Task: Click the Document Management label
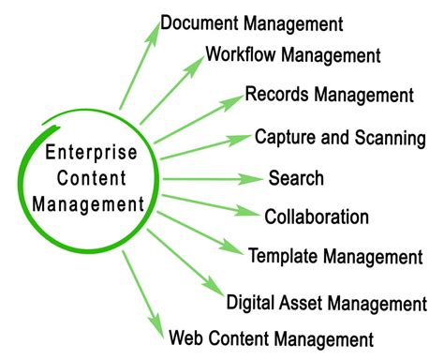pyautogui.click(x=251, y=22)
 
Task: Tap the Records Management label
pyautogui.click(x=329, y=95)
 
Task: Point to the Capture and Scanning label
pyautogui.click(x=340, y=138)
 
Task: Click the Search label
pyautogui.click(x=296, y=178)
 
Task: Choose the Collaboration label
pyautogui.click(x=317, y=217)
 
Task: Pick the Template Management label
pyautogui.click(x=334, y=256)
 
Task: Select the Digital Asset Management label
pyautogui.click(x=327, y=303)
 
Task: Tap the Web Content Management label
pyautogui.click(x=271, y=338)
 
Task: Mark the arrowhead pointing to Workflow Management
pyautogui.click(x=195, y=62)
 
